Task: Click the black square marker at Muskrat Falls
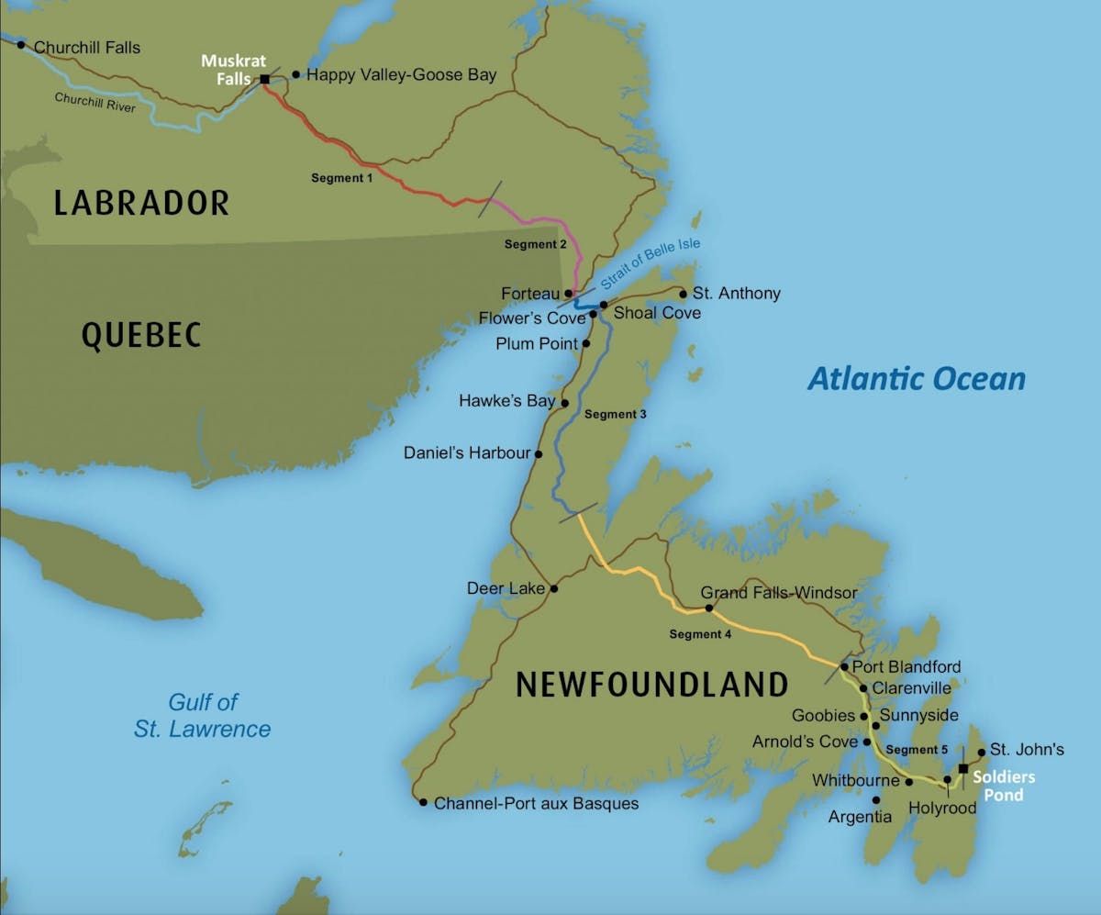264,80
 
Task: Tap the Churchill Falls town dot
21,45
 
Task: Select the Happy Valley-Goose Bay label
401,75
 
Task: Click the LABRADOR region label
141,203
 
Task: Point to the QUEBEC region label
141,336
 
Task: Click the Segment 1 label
341,178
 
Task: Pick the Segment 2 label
536,244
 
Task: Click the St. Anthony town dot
683,294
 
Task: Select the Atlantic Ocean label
916,378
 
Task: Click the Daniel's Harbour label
467,453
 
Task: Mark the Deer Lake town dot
553,588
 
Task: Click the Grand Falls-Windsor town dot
708,608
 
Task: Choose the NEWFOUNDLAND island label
651,685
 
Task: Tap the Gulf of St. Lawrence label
203,716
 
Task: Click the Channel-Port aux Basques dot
423,802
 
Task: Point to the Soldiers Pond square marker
962,768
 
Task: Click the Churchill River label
95,103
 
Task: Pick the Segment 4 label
701,634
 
